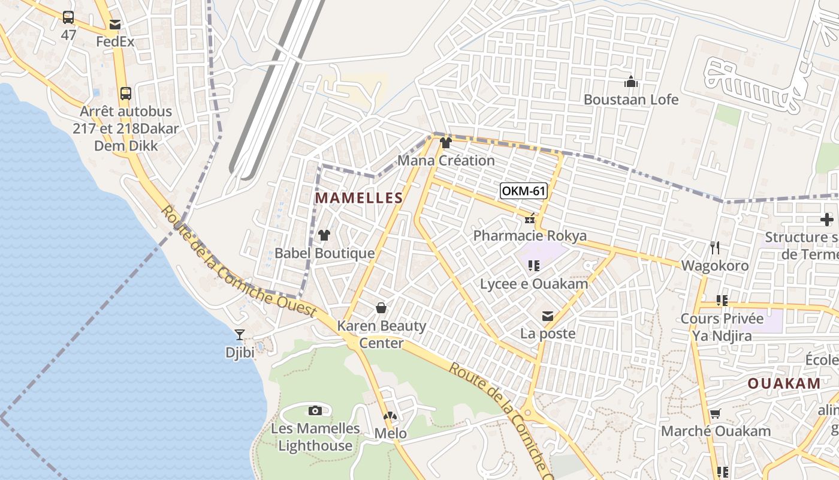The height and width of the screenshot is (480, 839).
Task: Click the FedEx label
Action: [x=115, y=42]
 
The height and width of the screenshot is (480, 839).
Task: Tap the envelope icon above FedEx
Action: [x=114, y=25]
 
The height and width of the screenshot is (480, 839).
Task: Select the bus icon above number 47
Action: [x=68, y=17]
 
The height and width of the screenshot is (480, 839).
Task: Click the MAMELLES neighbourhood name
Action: [x=359, y=198]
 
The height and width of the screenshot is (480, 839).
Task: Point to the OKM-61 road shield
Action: [x=524, y=191]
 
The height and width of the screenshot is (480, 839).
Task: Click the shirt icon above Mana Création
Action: [x=445, y=143]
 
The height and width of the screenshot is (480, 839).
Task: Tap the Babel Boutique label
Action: [x=324, y=253]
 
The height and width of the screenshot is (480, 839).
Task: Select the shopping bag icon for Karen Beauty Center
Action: [x=381, y=308]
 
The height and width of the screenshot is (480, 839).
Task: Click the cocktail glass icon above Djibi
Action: [x=240, y=335]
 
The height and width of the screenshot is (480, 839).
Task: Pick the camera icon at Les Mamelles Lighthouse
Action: [x=315, y=410]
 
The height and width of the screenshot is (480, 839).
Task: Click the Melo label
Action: [x=390, y=433]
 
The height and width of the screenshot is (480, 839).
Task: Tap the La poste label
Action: [x=548, y=334]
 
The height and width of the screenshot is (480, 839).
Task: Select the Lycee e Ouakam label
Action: [x=534, y=283]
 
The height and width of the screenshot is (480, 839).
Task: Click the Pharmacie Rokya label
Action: [x=530, y=235]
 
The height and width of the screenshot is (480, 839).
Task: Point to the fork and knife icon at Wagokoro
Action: [x=714, y=247]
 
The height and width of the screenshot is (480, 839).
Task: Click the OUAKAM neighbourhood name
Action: [x=784, y=384]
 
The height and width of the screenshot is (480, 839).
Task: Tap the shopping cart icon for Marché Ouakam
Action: [x=715, y=414]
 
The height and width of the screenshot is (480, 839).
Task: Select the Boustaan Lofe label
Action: [x=631, y=100]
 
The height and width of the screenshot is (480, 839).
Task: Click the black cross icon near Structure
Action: [x=827, y=220]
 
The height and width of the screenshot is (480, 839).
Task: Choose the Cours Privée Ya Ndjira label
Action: [x=722, y=327]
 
